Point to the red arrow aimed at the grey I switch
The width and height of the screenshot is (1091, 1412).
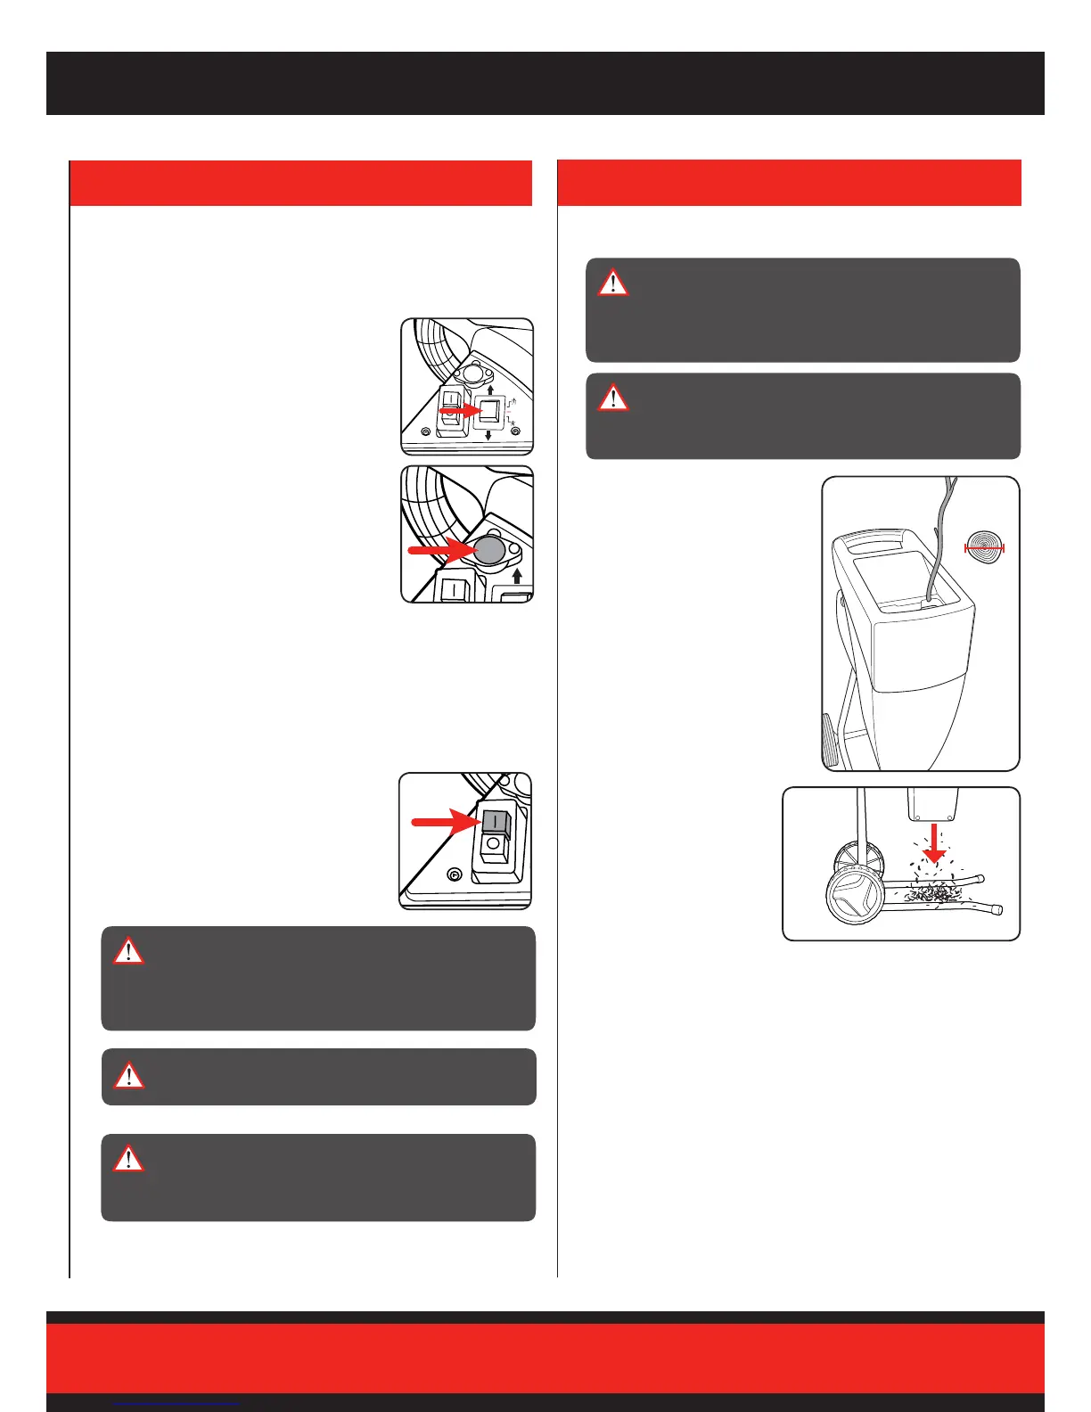[444, 822]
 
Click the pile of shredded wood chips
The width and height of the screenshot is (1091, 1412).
[932, 891]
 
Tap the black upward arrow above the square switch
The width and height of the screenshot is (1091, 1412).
[489, 390]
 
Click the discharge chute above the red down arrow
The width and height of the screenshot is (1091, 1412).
[931, 804]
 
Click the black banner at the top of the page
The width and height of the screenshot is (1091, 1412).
[545, 83]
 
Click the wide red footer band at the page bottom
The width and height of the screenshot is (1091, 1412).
[545, 1358]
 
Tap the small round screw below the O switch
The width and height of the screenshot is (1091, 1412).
[454, 875]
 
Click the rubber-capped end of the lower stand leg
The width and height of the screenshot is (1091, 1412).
[997, 910]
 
